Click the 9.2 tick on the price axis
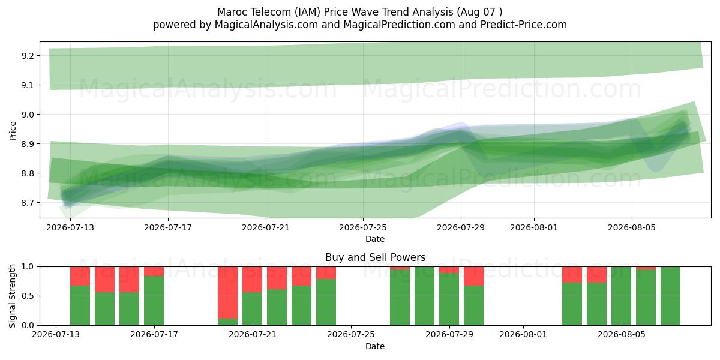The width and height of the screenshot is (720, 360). tap(27, 56)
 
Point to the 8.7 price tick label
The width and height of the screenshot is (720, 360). tap(27, 203)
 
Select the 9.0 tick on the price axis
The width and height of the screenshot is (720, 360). tap(27, 115)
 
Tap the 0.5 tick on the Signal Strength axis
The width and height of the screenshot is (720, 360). tap(27, 296)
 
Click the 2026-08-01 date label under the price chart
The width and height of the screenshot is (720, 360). tap(534, 227)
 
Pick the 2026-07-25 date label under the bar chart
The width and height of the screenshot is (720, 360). tap(350, 334)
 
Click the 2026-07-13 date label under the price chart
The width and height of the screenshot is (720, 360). tap(70, 227)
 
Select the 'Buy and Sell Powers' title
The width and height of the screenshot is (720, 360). tap(375, 257)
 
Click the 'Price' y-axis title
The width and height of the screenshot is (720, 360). tap(13, 131)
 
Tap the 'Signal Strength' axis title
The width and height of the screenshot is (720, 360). tap(12, 296)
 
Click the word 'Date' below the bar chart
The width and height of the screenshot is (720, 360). tap(375, 346)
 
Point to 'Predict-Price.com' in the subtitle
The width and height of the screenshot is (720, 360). tap(524, 25)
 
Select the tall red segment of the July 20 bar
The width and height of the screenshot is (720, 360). tap(227, 293)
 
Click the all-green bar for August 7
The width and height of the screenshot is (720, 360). tap(671, 296)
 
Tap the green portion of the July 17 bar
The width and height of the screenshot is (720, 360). tap(154, 301)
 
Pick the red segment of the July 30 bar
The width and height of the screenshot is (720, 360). tap(473, 276)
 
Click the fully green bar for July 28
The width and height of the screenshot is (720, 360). tap(424, 296)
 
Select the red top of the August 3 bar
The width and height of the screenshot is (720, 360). tap(572, 275)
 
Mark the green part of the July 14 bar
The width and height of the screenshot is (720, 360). tap(80, 305)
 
